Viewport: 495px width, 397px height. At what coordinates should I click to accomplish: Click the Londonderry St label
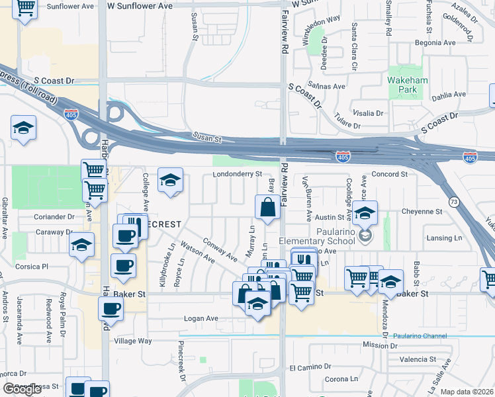[x=238, y=174]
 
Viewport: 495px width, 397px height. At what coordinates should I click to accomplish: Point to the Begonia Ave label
[x=435, y=42]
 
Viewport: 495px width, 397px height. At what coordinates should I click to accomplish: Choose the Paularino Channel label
[x=420, y=336]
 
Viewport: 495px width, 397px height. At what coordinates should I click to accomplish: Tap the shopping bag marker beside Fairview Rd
[x=267, y=207]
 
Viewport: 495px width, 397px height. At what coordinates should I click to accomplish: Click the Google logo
[x=22, y=389]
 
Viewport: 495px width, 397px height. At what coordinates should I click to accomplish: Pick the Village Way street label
[x=133, y=341]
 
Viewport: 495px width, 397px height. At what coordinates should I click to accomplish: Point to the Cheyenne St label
[x=422, y=212]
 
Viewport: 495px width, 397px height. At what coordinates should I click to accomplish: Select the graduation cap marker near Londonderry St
[x=170, y=180]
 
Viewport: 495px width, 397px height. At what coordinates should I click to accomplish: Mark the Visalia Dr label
[x=370, y=113]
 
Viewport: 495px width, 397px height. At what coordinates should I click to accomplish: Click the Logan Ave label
[x=201, y=318]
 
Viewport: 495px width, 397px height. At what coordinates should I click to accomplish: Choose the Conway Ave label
[x=220, y=249]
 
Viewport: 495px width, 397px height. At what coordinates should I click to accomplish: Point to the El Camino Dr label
[x=310, y=367]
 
